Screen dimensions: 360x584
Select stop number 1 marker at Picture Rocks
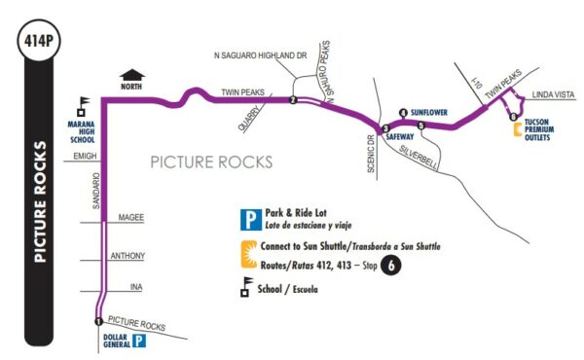(x=98, y=321)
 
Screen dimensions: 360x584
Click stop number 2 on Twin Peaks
(x=293, y=98)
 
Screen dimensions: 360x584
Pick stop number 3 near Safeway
(x=385, y=128)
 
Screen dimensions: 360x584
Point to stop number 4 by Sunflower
(x=403, y=113)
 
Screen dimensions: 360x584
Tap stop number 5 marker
(x=420, y=126)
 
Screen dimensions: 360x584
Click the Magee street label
(x=129, y=217)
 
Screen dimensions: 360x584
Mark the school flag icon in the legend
(x=247, y=288)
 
